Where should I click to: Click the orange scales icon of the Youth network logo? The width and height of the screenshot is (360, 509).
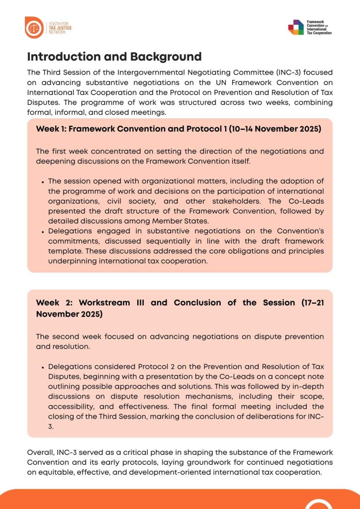[34, 27]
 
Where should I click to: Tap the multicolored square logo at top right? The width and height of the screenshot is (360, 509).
[296, 27]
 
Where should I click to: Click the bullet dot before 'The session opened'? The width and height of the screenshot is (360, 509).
[43, 181]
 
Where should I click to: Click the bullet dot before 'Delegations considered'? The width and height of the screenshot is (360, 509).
[43, 367]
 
